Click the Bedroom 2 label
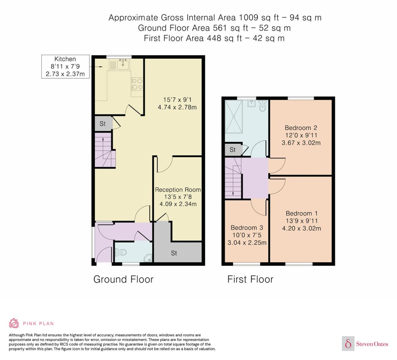click(301, 128)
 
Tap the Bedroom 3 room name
click(247, 228)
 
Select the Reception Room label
click(178, 190)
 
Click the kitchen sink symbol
click(123, 64)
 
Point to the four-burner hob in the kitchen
click(137, 84)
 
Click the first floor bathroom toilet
click(262, 106)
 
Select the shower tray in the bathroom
click(234, 117)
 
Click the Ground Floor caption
click(123, 279)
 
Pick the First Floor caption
click(250, 279)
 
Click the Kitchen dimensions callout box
click(65, 67)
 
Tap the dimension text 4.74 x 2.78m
click(177, 107)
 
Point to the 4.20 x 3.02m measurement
click(301, 228)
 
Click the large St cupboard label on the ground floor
click(174, 253)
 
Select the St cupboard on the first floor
click(233, 150)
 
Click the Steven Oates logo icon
click(348, 343)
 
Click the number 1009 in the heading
click(249, 18)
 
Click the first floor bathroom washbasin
click(252, 103)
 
